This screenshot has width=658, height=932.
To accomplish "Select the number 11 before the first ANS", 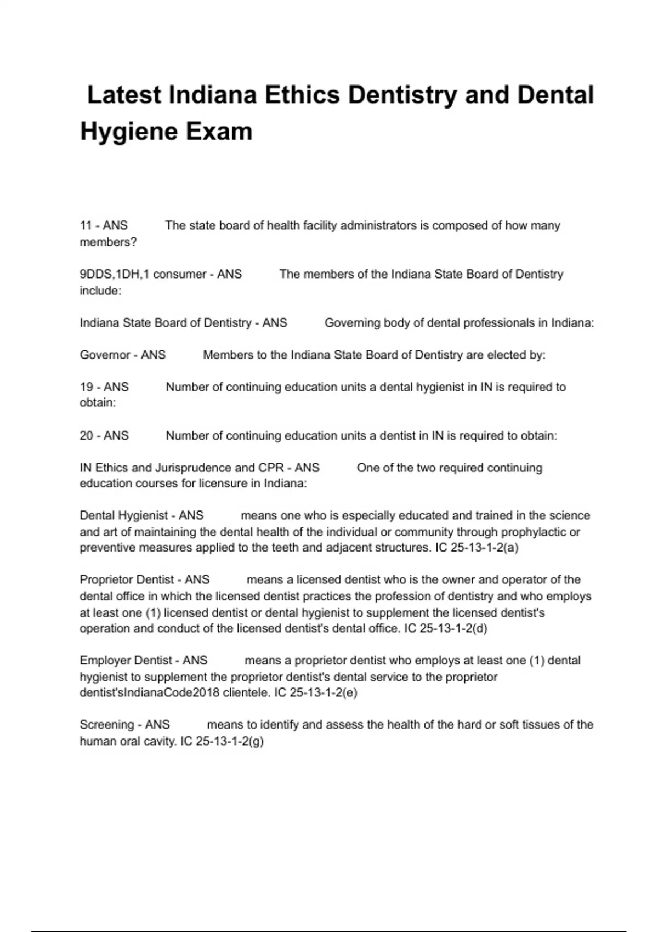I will point(86,225).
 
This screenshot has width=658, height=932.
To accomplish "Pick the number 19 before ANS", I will point(86,387).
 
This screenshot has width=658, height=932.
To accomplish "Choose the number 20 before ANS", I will point(86,436).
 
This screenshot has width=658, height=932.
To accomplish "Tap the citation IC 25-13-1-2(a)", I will point(477,548).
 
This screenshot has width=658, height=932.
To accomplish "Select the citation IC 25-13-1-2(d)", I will point(445,629).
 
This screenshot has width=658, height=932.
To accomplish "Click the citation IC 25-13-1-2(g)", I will point(222,741).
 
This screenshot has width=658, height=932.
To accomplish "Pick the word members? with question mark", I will point(108,242).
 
